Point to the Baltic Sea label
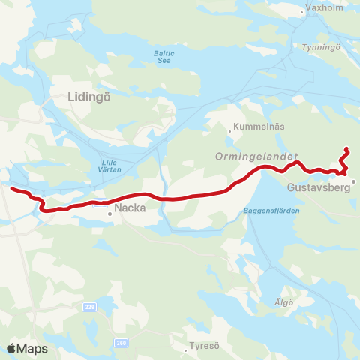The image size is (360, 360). click(x=164, y=56)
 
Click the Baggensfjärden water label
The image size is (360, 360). click(x=271, y=211)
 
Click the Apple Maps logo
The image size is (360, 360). click(x=27, y=349)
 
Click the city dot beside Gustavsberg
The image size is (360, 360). click(x=355, y=181)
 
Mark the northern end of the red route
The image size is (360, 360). click(x=346, y=148)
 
